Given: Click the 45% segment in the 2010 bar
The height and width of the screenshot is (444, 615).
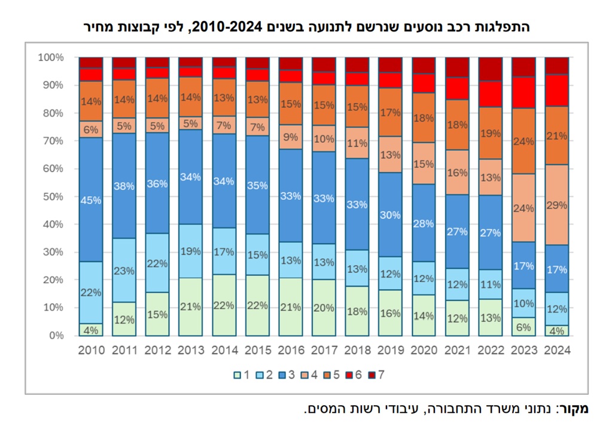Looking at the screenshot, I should (91, 200).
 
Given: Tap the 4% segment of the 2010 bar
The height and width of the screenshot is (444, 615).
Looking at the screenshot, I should (91, 329).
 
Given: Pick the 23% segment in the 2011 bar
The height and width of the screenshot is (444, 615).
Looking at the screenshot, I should (124, 270).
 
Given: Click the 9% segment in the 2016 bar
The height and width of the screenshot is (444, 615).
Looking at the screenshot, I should (291, 136).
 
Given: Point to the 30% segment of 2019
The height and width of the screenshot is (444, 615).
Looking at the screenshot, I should (390, 215).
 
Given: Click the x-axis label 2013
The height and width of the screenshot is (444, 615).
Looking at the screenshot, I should (191, 351).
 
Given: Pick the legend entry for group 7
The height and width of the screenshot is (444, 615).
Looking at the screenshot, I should (377, 375).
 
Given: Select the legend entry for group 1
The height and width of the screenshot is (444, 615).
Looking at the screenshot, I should (241, 375).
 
